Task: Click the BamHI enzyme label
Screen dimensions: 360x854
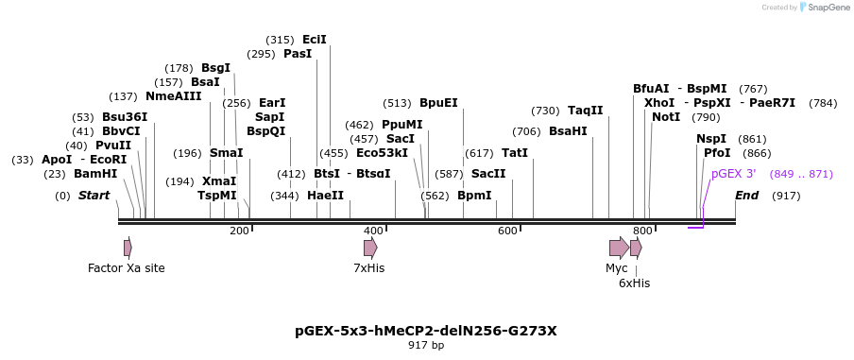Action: click(x=95, y=174)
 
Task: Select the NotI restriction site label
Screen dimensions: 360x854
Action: click(x=666, y=117)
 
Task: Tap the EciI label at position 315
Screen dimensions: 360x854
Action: click(x=315, y=40)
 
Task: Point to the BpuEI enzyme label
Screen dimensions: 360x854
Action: click(x=438, y=103)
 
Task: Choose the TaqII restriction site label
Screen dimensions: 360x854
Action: click(x=585, y=111)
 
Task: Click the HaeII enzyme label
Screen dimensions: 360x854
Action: click(x=325, y=196)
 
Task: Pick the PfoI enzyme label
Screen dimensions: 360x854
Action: click(x=717, y=153)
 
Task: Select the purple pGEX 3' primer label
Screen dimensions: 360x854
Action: click(x=733, y=174)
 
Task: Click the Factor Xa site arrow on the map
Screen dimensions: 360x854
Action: click(x=128, y=248)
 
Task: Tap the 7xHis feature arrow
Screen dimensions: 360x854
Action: click(x=370, y=248)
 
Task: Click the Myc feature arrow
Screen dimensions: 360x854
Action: click(x=619, y=248)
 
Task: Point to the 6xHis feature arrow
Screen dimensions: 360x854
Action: click(x=636, y=248)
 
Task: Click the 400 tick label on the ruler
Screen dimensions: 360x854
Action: click(x=373, y=231)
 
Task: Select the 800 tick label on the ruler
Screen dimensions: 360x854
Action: click(x=642, y=231)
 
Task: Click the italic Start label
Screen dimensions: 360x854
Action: click(x=94, y=196)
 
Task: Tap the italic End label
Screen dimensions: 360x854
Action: click(x=746, y=196)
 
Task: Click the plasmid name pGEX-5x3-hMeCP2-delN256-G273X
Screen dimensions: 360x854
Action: click(x=426, y=331)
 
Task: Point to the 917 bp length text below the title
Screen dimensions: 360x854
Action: click(x=426, y=346)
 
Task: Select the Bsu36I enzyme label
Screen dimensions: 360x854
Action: click(x=125, y=117)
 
